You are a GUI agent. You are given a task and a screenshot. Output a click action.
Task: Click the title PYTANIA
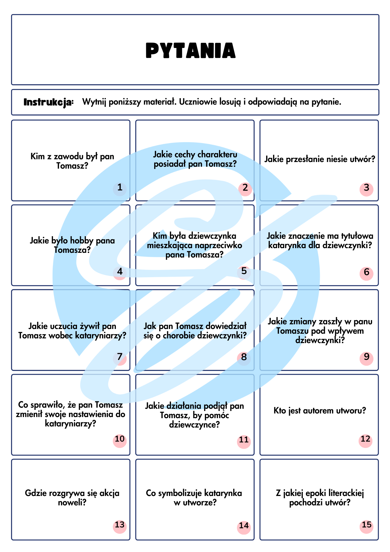click(x=191, y=51)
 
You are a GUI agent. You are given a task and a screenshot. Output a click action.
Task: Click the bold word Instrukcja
click(x=49, y=102)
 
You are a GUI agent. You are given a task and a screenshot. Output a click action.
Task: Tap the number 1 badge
click(x=120, y=188)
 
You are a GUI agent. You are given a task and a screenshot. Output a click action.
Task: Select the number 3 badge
click(x=366, y=188)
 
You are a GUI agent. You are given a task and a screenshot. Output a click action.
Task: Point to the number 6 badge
click(x=366, y=273)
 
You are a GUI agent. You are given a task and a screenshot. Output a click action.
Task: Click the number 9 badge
click(x=366, y=357)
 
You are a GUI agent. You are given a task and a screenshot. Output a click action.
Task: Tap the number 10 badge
click(x=120, y=439)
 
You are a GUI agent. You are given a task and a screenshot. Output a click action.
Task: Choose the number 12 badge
click(x=365, y=439)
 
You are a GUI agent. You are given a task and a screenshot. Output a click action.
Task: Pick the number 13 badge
click(x=120, y=525)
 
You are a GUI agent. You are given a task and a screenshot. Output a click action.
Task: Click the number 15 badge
click(x=367, y=525)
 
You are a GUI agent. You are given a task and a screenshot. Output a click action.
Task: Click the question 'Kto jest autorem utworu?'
click(x=320, y=411)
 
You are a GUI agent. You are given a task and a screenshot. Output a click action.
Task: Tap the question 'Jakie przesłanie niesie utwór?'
click(x=320, y=159)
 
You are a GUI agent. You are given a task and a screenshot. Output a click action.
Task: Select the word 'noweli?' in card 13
click(x=72, y=502)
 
